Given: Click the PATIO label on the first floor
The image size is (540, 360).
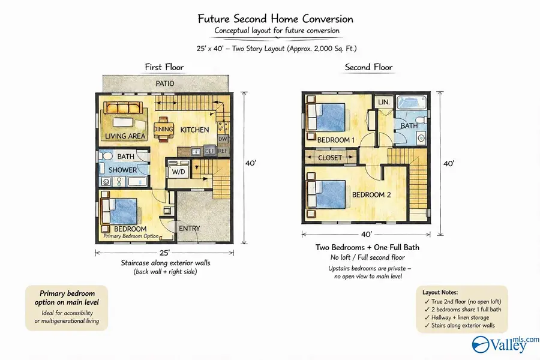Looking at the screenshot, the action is pos(165,83).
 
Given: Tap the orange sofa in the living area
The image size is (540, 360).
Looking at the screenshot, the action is pos(123,108).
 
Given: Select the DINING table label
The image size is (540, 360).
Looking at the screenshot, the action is pos(163,129).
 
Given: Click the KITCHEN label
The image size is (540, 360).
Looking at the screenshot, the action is pos(194,130).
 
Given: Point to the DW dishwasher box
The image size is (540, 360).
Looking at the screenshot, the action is pos(223,139).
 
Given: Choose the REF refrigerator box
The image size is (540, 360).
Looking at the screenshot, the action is pos(223,151).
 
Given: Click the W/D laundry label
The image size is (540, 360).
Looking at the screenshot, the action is pos(178,172).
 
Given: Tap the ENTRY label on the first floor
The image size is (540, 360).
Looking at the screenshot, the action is pos(190,229).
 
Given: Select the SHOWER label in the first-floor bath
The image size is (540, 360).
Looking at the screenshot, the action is pos(122,170).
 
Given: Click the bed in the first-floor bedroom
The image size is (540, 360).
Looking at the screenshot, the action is pos(119,212).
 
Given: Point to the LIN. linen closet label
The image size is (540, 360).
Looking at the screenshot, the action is pos(383,102).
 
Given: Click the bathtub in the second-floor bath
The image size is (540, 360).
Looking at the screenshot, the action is pos(412,103).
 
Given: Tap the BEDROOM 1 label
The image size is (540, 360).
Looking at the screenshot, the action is pos(336,140).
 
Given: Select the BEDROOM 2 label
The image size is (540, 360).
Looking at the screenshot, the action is pos(371,195).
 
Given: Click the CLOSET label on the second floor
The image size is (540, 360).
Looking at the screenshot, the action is pos(330,158).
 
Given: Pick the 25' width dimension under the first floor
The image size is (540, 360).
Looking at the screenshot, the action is pos(164,253).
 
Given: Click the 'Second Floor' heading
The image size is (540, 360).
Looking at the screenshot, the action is pos(368,67).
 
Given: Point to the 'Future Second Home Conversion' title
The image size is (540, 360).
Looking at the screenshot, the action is pos(275,19).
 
